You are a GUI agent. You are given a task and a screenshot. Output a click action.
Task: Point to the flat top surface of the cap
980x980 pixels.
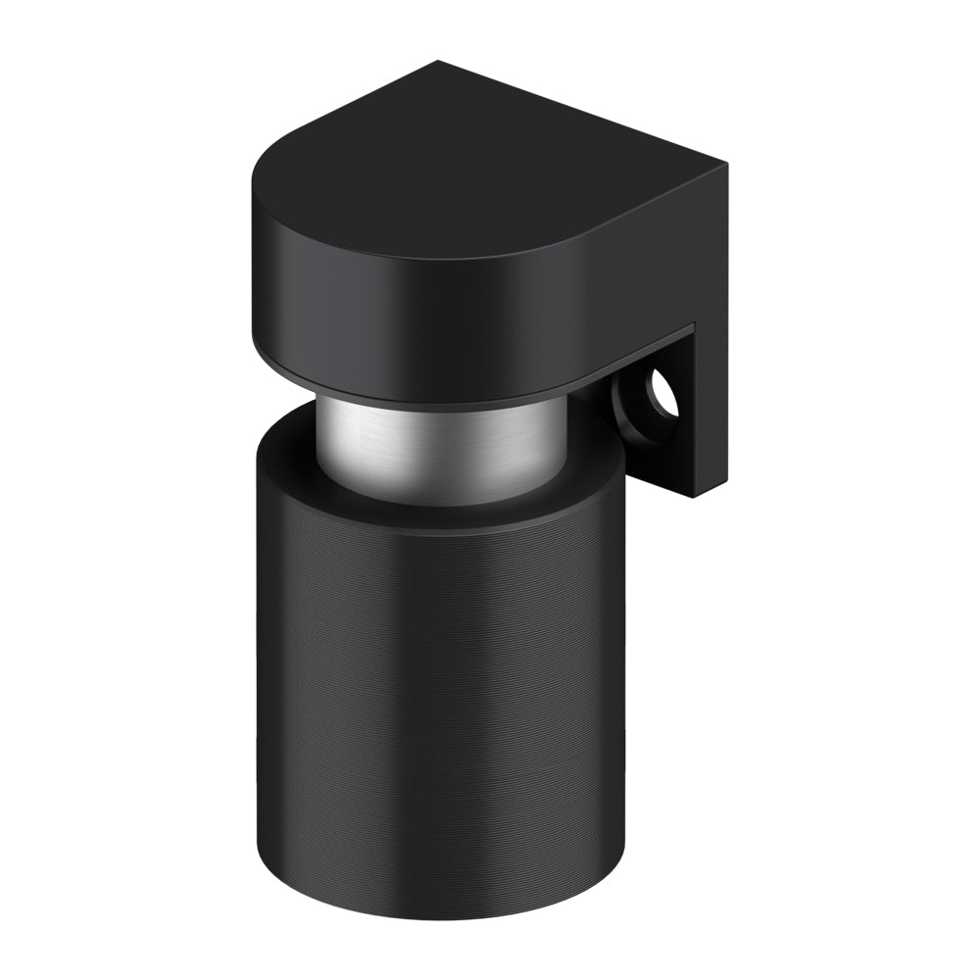click(470, 167)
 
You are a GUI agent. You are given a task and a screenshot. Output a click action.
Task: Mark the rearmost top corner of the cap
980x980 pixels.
click(438, 63)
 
